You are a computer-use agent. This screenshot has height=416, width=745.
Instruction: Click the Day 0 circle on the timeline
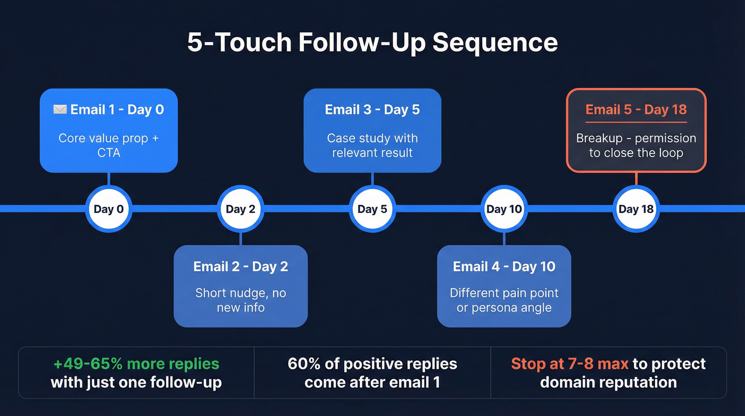click(x=109, y=209)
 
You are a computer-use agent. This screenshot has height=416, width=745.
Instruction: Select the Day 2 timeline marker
click(x=241, y=209)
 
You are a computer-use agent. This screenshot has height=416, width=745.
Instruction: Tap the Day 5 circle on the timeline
click(x=372, y=209)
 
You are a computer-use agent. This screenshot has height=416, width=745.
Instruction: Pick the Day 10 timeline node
click(x=504, y=209)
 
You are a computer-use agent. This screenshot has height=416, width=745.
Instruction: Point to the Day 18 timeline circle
click(x=636, y=209)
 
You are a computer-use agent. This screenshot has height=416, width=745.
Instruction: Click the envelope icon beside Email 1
click(x=60, y=110)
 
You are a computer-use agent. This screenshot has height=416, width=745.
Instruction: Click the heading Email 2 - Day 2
click(x=241, y=266)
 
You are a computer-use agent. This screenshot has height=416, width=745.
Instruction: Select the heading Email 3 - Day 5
click(x=372, y=110)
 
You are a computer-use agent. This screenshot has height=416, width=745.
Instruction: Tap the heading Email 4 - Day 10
click(x=504, y=266)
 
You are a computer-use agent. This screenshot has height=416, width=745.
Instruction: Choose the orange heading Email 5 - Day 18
click(x=636, y=110)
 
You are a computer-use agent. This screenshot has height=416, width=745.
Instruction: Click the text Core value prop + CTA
click(x=109, y=145)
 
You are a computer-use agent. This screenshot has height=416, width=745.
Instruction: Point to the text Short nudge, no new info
click(x=241, y=300)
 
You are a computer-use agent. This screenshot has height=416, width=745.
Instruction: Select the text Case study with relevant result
click(x=372, y=145)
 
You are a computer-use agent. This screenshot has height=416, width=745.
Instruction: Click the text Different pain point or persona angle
click(x=504, y=300)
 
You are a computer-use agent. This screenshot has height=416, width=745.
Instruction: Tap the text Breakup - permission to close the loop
click(x=636, y=145)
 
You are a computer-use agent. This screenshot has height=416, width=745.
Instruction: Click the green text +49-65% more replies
click(x=136, y=364)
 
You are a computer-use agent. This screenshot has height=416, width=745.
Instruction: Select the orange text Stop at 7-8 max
click(x=570, y=364)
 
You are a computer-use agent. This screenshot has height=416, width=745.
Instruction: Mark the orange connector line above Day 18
click(x=636, y=179)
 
